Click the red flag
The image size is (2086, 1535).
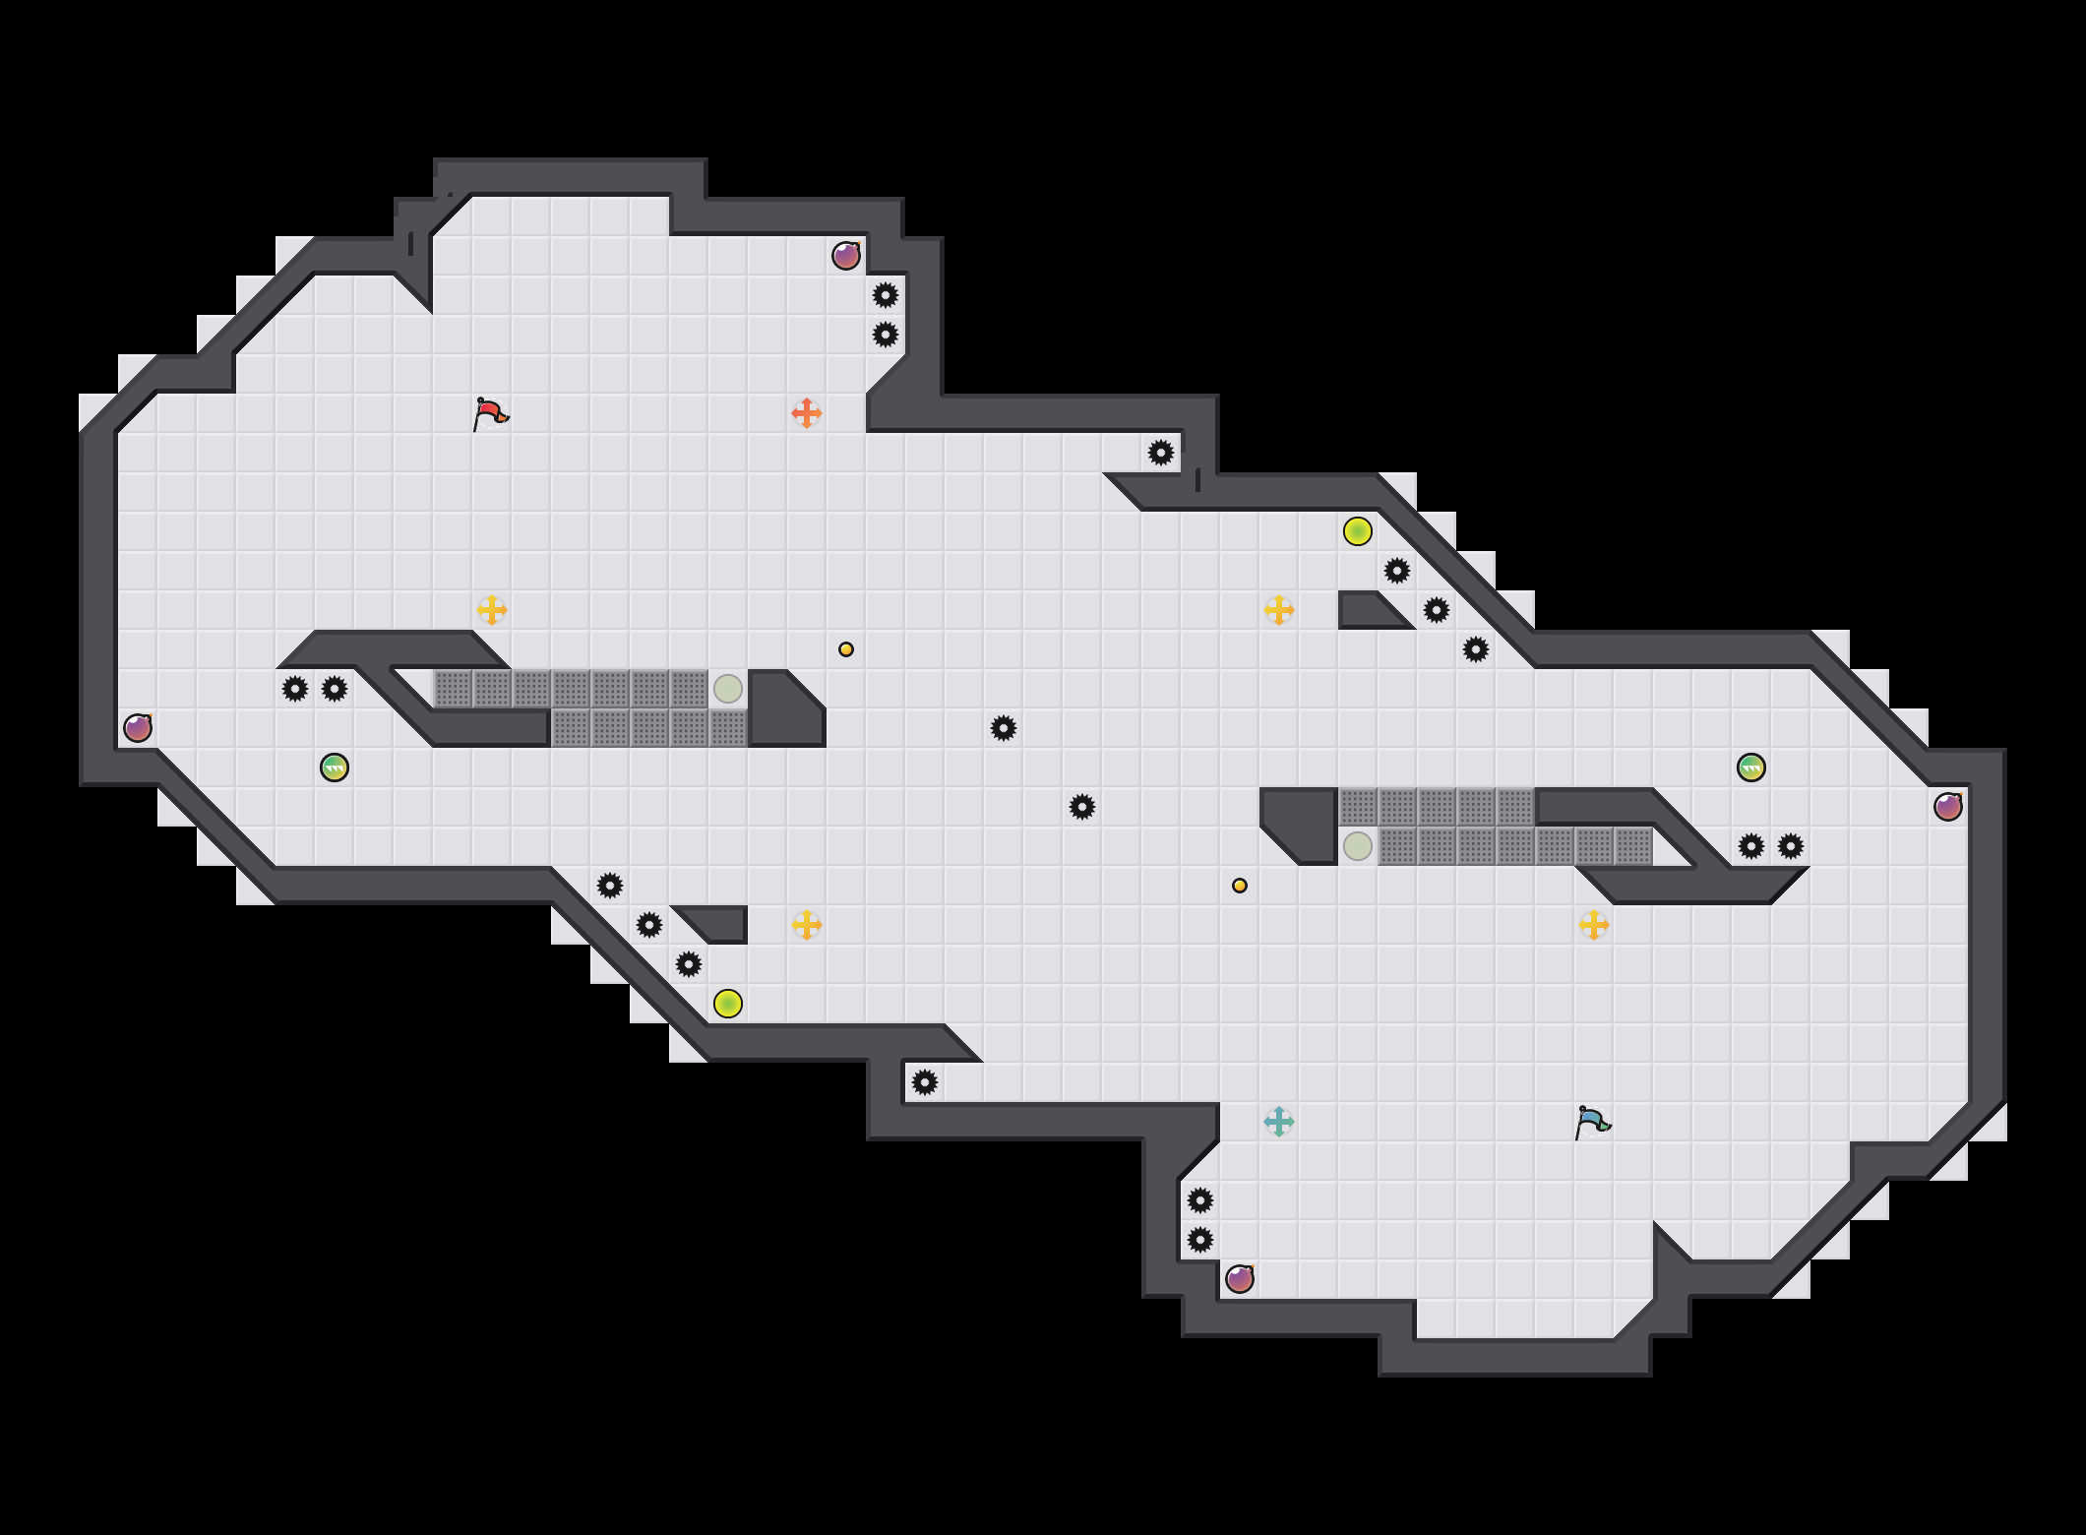click(490, 413)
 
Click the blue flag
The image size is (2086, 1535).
click(1592, 1122)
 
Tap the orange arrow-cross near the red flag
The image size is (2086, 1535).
click(806, 413)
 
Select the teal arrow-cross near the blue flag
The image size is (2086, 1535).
click(1278, 1122)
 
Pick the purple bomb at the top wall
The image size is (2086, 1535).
click(846, 256)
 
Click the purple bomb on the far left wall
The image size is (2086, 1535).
click(138, 728)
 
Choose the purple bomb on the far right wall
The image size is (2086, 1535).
click(1948, 807)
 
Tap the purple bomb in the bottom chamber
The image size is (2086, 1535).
click(1240, 1279)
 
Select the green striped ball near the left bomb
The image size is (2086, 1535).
click(335, 767)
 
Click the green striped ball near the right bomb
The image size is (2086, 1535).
click(1751, 767)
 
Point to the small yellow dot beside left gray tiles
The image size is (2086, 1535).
click(846, 649)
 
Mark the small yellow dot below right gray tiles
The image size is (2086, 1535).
click(1240, 886)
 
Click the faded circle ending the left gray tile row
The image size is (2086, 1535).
click(728, 689)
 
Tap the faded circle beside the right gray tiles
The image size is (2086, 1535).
click(1358, 846)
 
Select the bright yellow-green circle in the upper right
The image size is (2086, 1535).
click(1358, 531)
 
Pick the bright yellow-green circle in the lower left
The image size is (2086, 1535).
click(728, 1004)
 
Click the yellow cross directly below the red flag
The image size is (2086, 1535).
click(492, 610)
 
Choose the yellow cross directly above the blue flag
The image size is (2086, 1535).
click(1594, 925)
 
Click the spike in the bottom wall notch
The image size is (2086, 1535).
click(925, 1082)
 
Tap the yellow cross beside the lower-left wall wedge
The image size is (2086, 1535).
click(807, 925)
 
